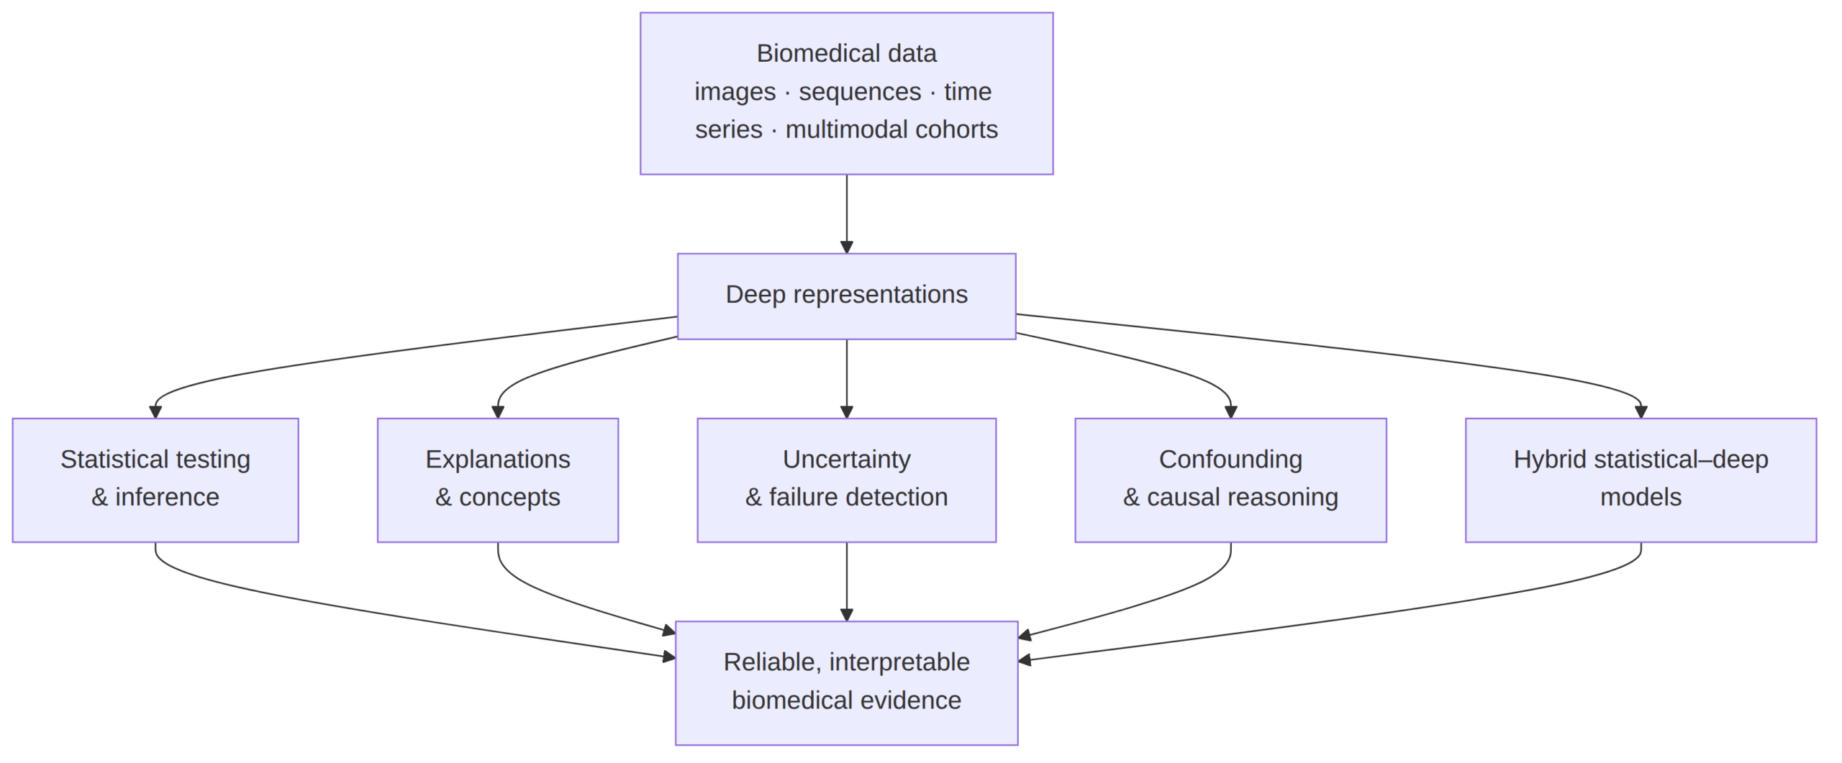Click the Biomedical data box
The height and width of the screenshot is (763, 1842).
tap(846, 93)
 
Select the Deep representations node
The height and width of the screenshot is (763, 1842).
tap(846, 296)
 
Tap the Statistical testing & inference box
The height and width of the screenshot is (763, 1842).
tap(155, 480)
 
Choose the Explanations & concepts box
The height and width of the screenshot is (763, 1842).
tap(497, 480)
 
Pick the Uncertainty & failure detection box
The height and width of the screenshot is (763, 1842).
tap(846, 480)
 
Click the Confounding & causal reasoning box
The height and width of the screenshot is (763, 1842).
tap(1230, 480)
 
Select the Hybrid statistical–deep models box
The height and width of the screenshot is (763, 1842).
tap(1641, 480)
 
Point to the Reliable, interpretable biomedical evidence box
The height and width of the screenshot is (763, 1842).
tap(846, 682)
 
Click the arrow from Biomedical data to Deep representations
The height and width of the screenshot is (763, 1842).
tap(846, 214)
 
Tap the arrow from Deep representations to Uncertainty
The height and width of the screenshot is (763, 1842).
tap(846, 378)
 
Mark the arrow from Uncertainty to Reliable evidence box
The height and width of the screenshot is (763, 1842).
tap(846, 581)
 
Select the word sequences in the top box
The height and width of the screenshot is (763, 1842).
tap(860, 92)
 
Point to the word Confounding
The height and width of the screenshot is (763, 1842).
tap(1230, 459)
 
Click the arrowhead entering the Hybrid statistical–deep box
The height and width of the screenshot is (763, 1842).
tap(1641, 412)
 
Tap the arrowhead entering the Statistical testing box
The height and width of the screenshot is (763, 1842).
tap(155, 412)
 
